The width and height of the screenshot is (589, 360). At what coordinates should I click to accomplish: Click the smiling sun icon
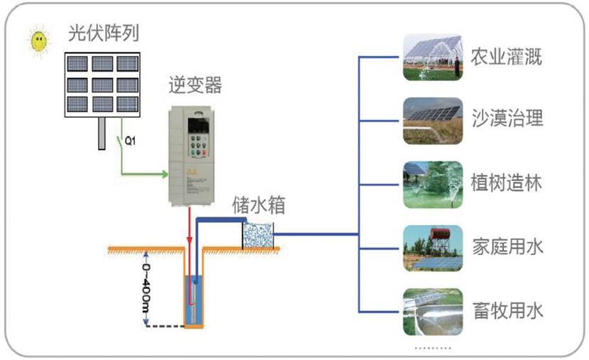click(x=38, y=42)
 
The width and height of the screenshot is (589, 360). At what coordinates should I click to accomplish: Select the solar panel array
click(x=104, y=84)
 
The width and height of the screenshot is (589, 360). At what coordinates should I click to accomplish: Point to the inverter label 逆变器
click(x=194, y=85)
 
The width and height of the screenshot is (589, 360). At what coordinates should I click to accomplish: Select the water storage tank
click(x=258, y=235)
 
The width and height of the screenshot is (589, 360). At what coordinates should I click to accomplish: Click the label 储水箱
click(x=260, y=206)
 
